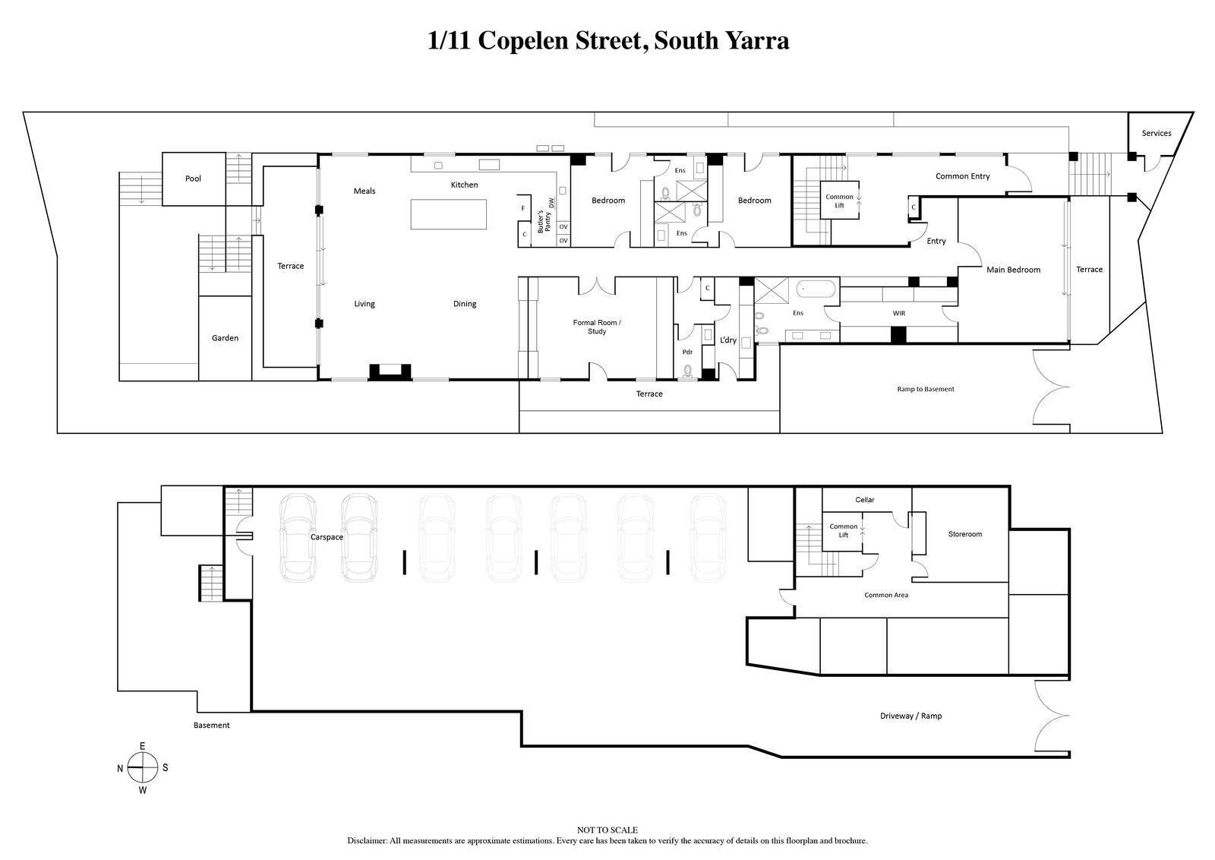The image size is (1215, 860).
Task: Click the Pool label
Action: pyautogui.click(x=194, y=179)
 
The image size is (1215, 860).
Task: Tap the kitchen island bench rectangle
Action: pyautogui.click(x=449, y=214)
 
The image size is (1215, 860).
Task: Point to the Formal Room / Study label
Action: pyautogui.click(x=597, y=327)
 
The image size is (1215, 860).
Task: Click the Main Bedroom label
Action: pyautogui.click(x=1013, y=270)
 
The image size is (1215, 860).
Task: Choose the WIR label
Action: pyautogui.click(x=899, y=313)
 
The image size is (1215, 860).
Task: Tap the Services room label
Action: pyautogui.click(x=1156, y=133)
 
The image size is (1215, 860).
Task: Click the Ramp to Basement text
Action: pyautogui.click(x=925, y=389)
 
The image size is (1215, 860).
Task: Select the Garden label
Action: pyautogui.click(x=225, y=338)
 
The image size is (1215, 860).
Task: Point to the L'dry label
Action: pyautogui.click(x=728, y=340)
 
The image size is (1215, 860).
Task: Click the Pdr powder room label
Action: pyautogui.click(x=687, y=352)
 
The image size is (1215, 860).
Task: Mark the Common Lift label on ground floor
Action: pyautogui.click(x=840, y=201)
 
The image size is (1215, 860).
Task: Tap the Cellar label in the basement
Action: pyautogui.click(x=865, y=500)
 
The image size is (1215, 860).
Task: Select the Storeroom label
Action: pyautogui.click(x=964, y=534)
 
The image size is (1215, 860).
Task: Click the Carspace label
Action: pyautogui.click(x=327, y=537)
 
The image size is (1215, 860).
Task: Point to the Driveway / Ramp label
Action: pyautogui.click(x=910, y=716)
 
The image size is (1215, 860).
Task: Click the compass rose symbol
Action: pyautogui.click(x=142, y=767)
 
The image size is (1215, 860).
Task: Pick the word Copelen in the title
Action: pyautogui.click(x=524, y=40)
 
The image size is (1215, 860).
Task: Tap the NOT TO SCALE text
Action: pyautogui.click(x=607, y=830)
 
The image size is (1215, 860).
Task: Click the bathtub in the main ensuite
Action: pyautogui.click(x=816, y=289)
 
